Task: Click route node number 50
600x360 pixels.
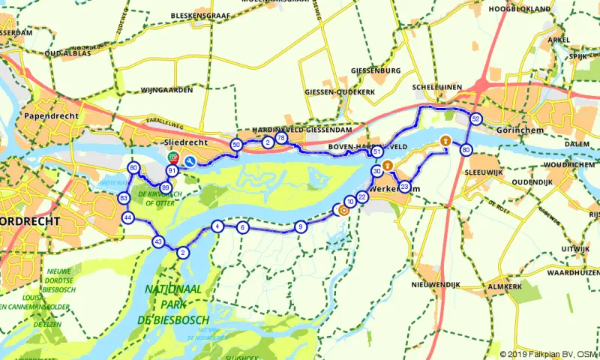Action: tap(236, 144)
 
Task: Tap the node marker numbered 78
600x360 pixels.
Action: tap(281, 139)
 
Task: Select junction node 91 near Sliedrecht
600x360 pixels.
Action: tap(172, 171)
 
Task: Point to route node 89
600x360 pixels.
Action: tap(165, 187)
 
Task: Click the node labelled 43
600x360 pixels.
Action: tap(157, 241)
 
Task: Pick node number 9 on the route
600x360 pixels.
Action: tap(300, 226)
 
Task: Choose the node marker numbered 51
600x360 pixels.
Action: tap(377, 152)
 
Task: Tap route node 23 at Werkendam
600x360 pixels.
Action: tap(404, 187)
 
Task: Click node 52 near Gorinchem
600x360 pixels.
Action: tap(475, 119)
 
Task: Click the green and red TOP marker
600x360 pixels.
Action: tap(173, 157)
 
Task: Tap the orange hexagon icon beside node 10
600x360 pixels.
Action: tap(343, 210)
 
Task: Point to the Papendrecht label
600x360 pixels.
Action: tap(46, 118)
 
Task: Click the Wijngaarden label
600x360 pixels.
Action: tap(166, 90)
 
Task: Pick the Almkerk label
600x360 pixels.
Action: tap(503, 286)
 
